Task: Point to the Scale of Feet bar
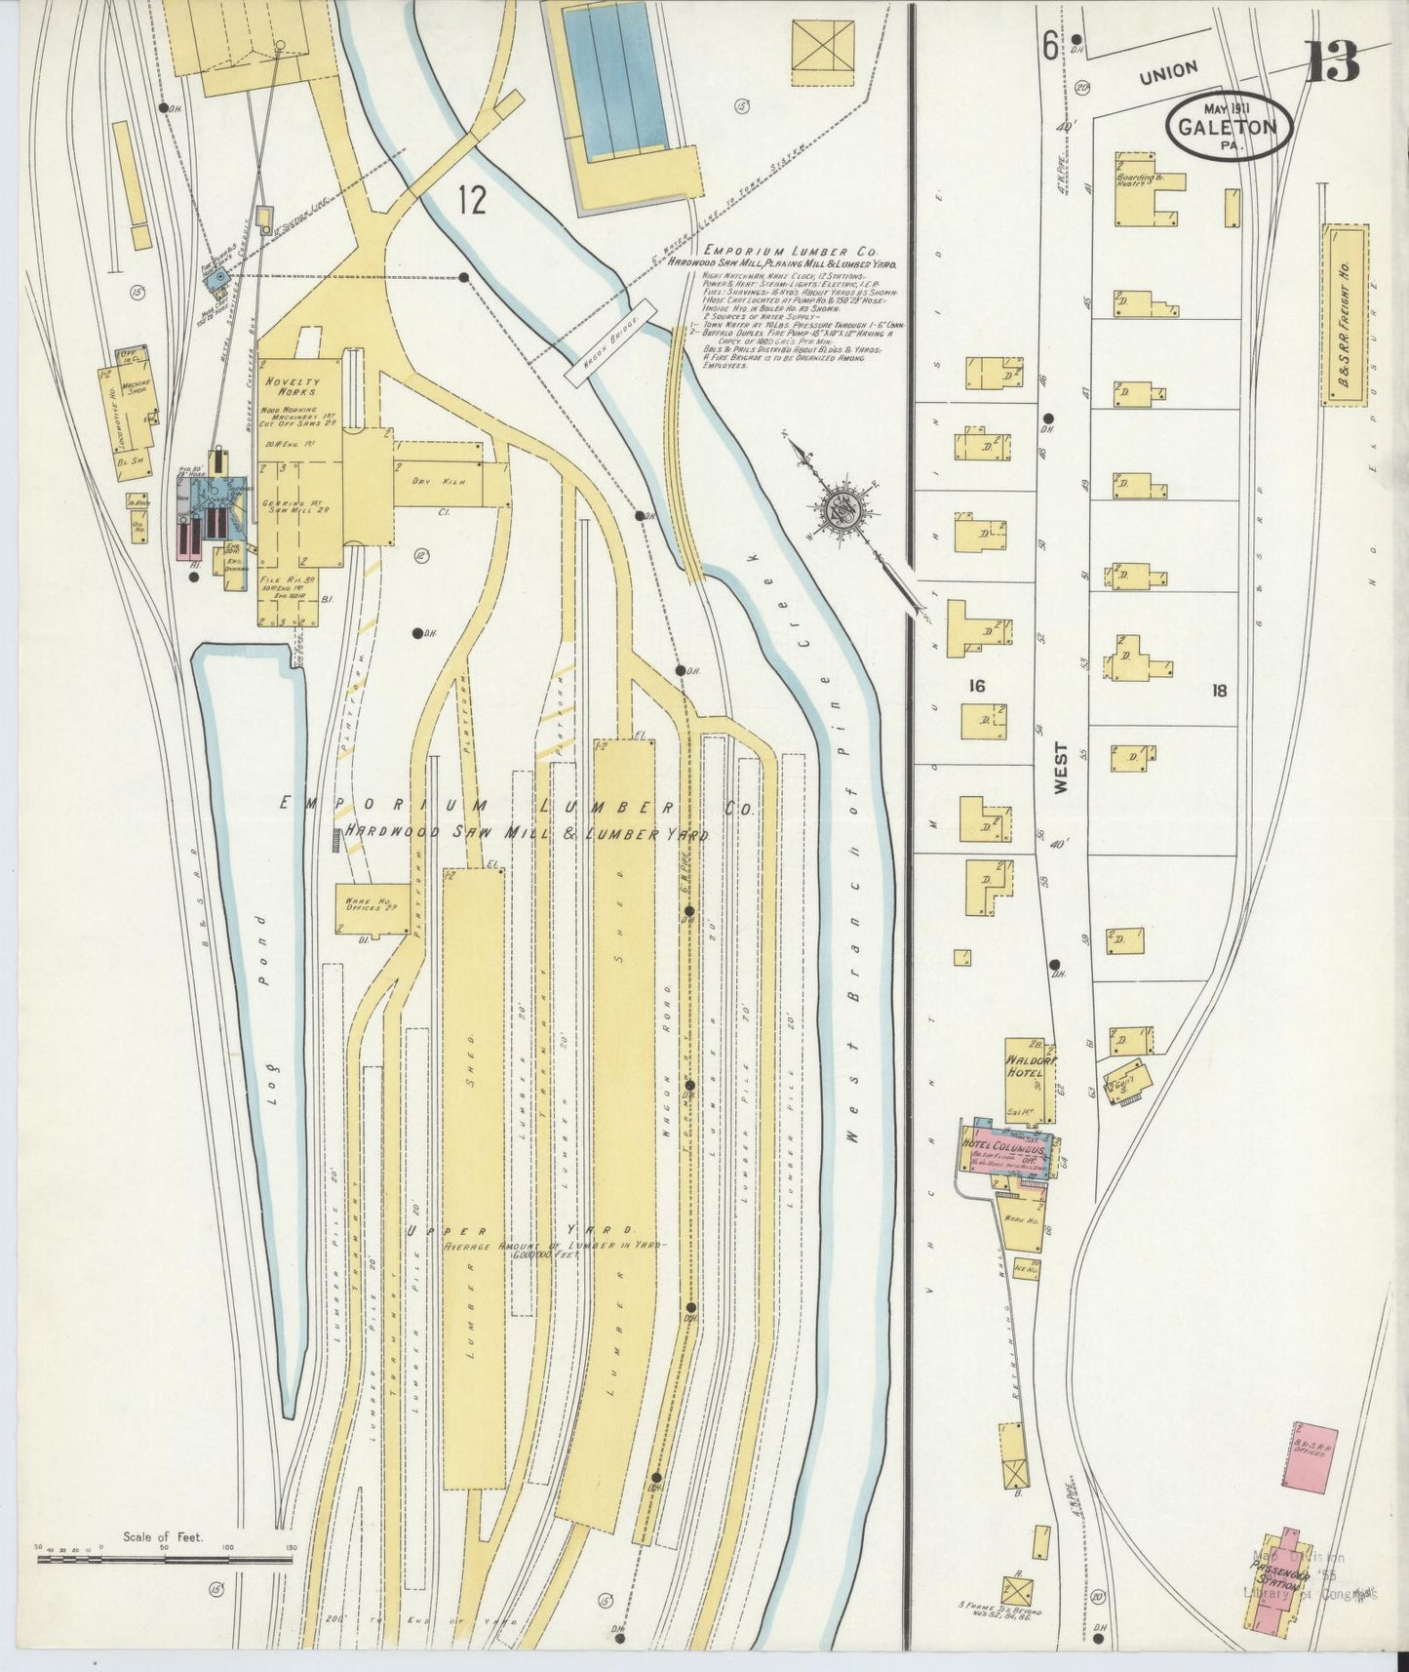pyautogui.click(x=164, y=1558)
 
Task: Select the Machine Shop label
pyautogui.click(x=137, y=388)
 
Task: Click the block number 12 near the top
pyautogui.click(x=472, y=200)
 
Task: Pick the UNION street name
pyautogui.click(x=1168, y=70)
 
